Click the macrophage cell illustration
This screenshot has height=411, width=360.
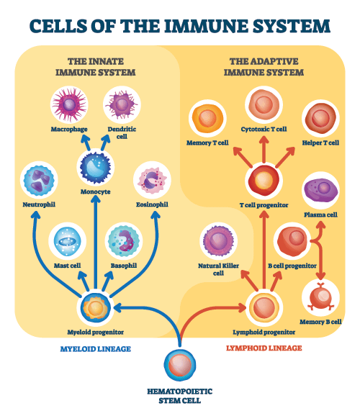pyautogui.click(x=69, y=105)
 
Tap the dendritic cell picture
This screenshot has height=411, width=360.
pyautogui.click(x=122, y=105)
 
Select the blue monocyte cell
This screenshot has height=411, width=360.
pyautogui.click(x=96, y=167)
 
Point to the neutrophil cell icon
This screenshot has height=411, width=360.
pyautogui.click(x=39, y=180)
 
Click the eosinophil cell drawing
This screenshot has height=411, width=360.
pyautogui.click(x=152, y=180)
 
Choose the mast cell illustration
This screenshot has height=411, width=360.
pyautogui.click(x=68, y=241)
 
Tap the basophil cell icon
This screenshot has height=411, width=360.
pyautogui.click(x=124, y=241)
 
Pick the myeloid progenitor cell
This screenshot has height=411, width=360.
pyautogui.click(x=96, y=308)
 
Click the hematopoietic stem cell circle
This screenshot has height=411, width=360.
pyautogui.click(x=180, y=365)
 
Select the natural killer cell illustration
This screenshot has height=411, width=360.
pyautogui.click(x=218, y=241)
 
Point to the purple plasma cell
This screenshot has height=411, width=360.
pyautogui.click(x=320, y=191)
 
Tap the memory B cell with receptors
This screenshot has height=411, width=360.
pyautogui.click(x=320, y=297)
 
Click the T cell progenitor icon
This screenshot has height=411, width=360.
pyautogui.click(x=264, y=181)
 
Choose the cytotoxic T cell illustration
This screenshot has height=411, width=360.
pyautogui.click(x=264, y=105)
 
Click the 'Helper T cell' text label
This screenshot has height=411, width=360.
pyautogui.click(x=320, y=143)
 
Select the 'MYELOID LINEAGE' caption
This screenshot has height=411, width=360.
pyautogui.click(x=96, y=349)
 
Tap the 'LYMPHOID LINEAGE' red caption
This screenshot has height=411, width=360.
pyautogui.click(x=264, y=348)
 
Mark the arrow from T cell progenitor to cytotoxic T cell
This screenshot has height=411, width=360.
pyautogui.click(x=264, y=150)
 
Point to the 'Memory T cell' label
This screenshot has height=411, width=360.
pyautogui.click(x=207, y=143)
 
